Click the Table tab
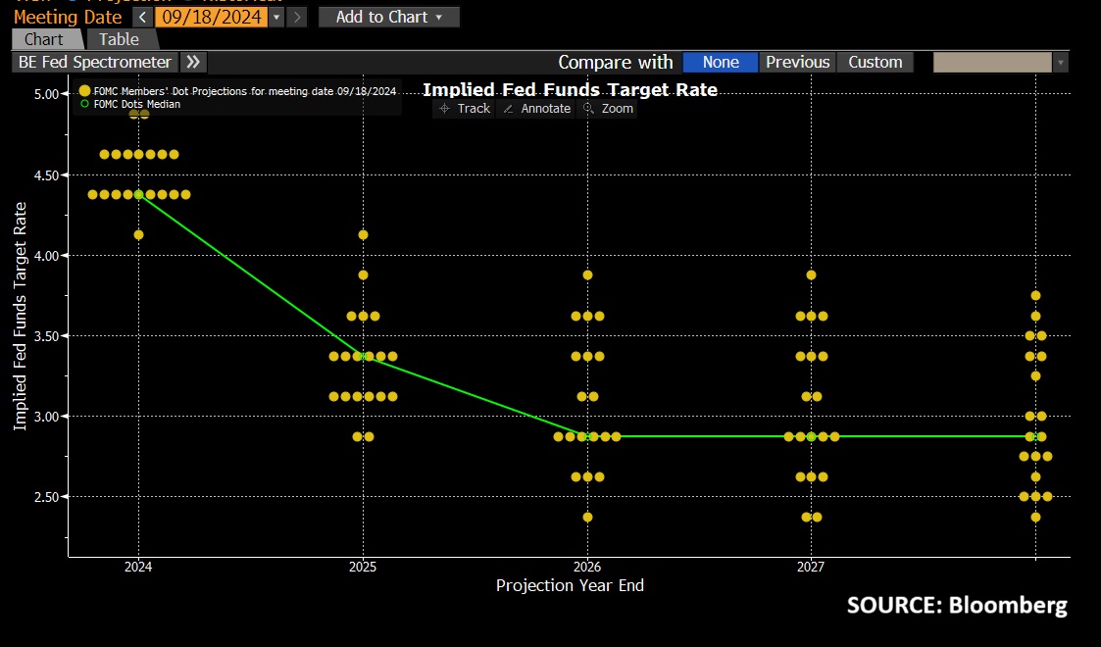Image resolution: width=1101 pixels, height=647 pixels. (119, 39)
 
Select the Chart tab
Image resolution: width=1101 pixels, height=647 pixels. (44, 39)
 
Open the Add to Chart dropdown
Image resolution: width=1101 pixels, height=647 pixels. (388, 17)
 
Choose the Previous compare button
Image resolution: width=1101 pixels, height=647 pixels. (797, 62)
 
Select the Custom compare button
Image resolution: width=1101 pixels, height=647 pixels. (875, 62)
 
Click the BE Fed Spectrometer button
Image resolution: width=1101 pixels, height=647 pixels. (95, 62)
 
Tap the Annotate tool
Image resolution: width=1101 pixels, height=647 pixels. (537, 109)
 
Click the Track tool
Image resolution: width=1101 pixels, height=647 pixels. (465, 109)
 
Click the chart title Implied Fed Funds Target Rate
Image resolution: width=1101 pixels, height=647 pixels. (570, 89)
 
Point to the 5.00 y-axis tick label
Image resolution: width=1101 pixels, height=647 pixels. (46, 94)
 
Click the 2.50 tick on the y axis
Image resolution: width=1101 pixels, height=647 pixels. (46, 497)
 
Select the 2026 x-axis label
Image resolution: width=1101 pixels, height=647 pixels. (586, 567)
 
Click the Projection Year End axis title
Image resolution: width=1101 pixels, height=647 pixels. (570, 585)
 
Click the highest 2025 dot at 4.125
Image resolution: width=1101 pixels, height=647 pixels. (363, 234)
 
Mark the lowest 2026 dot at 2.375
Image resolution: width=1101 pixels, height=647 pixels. (587, 517)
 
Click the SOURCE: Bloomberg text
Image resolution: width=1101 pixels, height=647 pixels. (956, 605)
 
